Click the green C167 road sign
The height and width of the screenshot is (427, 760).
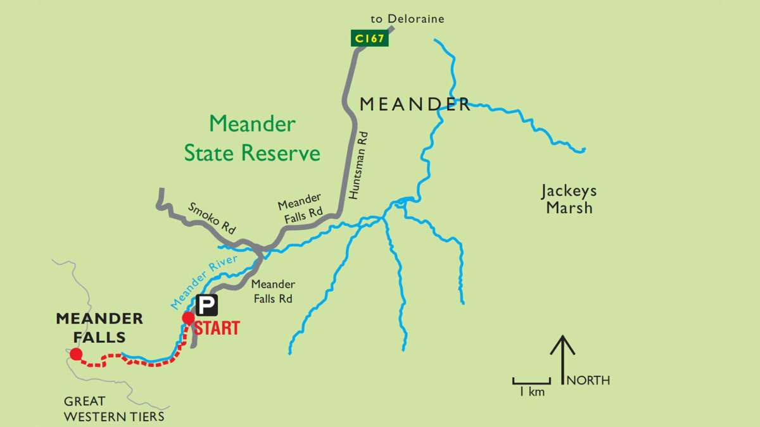click(x=369, y=39)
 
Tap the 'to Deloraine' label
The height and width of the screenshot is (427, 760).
click(x=407, y=19)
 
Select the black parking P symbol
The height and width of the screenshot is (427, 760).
click(x=206, y=306)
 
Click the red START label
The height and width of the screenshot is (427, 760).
click(x=217, y=328)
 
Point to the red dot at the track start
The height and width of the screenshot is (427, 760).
click(x=188, y=318)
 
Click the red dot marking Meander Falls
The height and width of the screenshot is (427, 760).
click(x=76, y=354)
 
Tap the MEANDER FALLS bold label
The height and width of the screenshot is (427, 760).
click(x=99, y=327)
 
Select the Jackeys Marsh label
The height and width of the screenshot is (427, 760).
click(x=569, y=199)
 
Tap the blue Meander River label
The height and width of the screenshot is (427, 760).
click(x=204, y=282)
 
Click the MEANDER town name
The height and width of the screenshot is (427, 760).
click(x=415, y=104)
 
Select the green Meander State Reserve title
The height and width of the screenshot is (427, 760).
click(x=252, y=138)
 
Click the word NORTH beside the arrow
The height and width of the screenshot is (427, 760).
click(x=589, y=380)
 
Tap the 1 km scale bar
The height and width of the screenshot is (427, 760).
click(x=531, y=380)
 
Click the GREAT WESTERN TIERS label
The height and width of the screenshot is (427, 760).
click(x=113, y=409)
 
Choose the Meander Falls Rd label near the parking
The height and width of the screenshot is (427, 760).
click(x=273, y=292)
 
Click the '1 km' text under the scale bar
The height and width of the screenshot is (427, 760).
click(x=531, y=392)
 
